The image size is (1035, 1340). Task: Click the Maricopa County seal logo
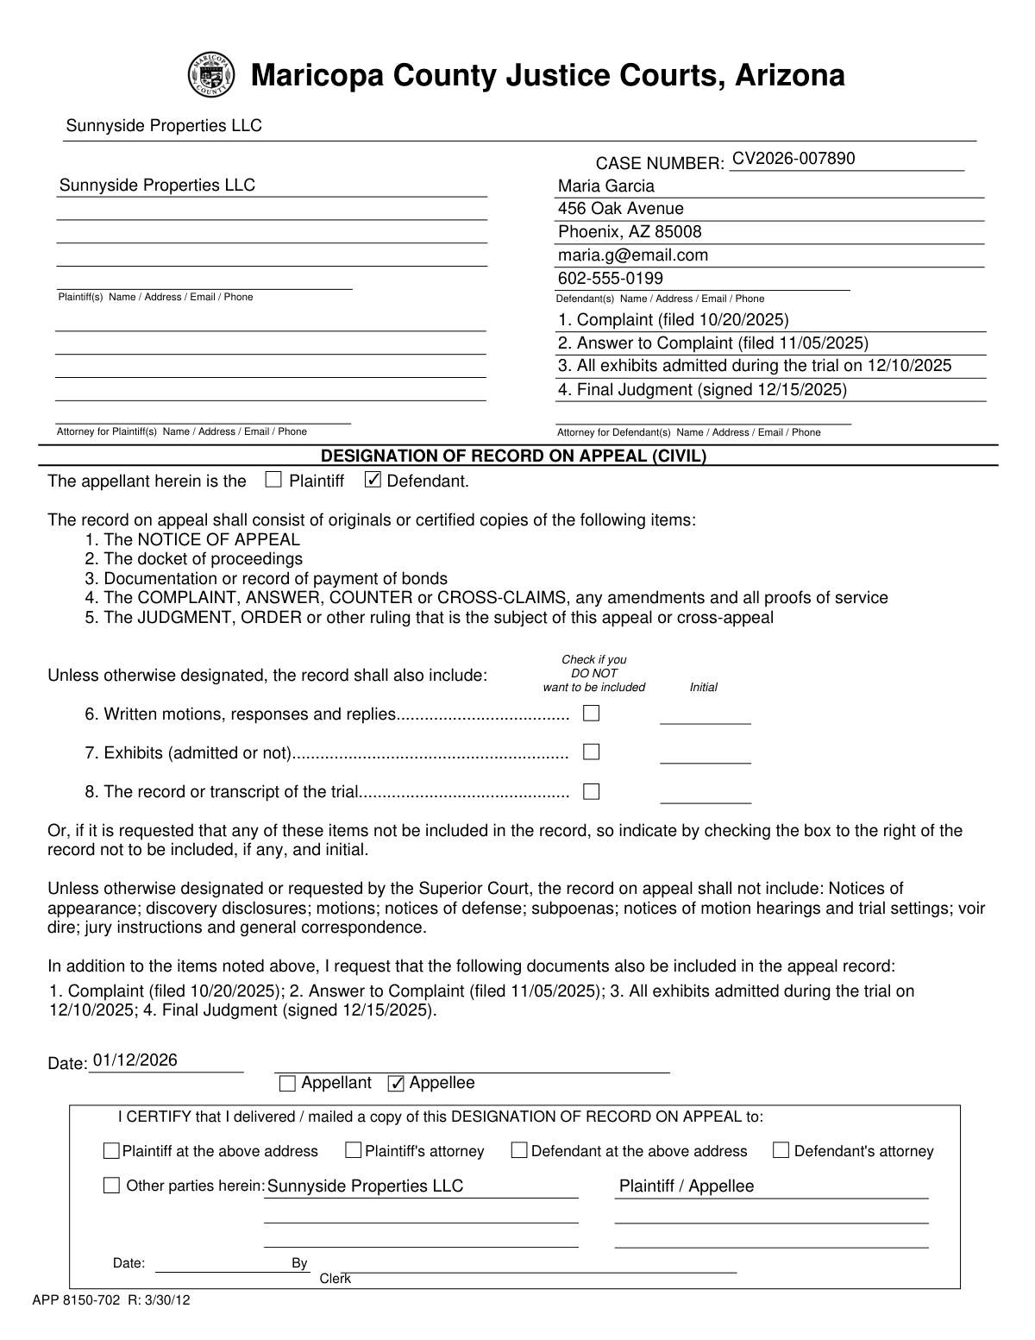click(210, 75)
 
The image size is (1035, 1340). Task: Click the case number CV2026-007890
click(793, 159)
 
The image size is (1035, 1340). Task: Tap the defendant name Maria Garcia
click(605, 186)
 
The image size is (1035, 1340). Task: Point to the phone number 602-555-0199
click(611, 279)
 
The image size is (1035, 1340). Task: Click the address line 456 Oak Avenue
click(620, 209)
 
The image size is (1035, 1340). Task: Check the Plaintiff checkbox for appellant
click(273, 481)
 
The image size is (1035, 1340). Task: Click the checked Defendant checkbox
click(373, 481)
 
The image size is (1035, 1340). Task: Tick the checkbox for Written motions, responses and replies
click(591, 714)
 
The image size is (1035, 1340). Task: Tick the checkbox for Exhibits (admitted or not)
click(591, 752)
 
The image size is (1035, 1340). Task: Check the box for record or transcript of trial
click(591, 791)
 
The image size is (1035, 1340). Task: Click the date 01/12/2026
click(135, 1060)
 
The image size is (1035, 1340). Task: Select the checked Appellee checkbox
click(396, 1084)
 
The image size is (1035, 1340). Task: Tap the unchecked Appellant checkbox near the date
click(288, 1084)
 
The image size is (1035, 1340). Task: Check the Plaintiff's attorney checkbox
click(353, 1150)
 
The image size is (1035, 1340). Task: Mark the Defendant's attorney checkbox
click(781, 1150)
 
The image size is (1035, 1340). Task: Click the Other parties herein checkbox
click(111, 1186)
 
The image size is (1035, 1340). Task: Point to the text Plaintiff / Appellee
click(686, 1186)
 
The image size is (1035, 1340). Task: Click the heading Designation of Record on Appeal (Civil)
click(513, 456)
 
